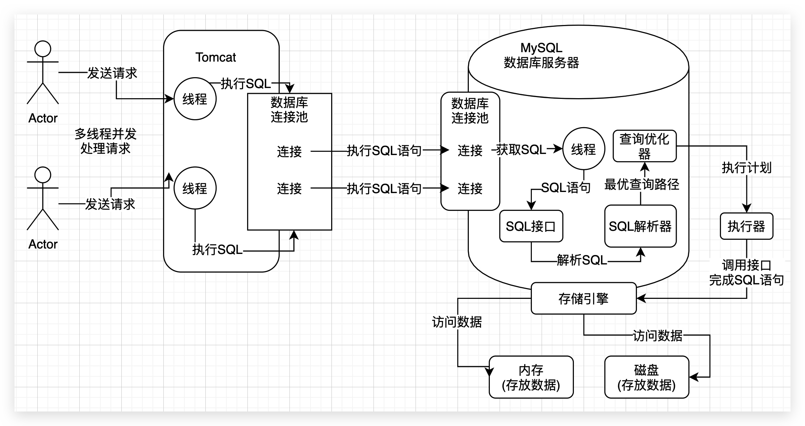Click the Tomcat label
[x=216, y=57]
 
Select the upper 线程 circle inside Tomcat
[x=195, y=99]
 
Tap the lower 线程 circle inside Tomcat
[x=195, y=188]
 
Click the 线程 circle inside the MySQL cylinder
[x=584, y=149]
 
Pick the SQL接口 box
[x=531, y=226]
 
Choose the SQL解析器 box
[x=640, y=226]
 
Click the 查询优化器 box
[x=645, y=146]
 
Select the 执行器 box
[x=746, y=226]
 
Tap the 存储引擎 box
[x=583, y=298]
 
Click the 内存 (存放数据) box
[x=531, y=377]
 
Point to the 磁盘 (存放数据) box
[x=647, y=377]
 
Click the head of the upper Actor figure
[x=43, y=49]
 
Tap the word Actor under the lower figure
[x=43, y=244]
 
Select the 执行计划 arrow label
[x=746, y=168]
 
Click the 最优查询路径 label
[x=642, y=184]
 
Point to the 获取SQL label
[x=521, y=149]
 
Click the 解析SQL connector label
[x=582, y=260]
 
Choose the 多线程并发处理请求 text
[x=105, y=141]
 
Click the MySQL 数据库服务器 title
[x=541, y=55]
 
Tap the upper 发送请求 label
[x=112, y=73]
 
